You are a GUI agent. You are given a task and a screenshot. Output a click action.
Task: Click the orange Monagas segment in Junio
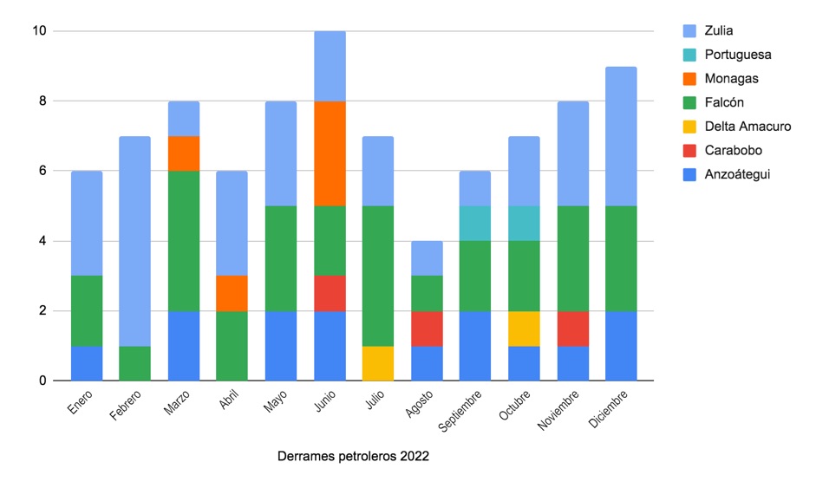330,153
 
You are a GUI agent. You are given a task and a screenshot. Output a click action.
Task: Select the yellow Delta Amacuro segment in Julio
378,363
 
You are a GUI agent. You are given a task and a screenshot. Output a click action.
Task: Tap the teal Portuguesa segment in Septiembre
474,223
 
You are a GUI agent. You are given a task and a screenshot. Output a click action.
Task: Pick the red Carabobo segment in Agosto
427,329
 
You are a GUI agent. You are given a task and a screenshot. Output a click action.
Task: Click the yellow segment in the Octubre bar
524,329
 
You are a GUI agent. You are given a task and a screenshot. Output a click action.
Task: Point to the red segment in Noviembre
572,329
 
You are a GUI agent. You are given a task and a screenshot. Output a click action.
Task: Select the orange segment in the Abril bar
232,294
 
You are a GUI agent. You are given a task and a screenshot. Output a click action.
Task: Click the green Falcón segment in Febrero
134,363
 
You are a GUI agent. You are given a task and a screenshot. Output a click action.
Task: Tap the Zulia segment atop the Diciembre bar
621,136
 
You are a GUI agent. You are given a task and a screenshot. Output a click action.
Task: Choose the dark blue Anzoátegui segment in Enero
87,363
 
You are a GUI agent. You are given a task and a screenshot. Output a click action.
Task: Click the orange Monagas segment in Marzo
184,153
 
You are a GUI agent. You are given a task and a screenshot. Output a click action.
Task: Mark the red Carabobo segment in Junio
330,294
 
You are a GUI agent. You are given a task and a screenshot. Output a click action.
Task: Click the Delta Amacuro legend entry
737,127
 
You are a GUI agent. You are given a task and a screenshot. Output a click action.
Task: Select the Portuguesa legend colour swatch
689,55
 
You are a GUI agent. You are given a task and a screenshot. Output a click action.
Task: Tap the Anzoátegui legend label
737,174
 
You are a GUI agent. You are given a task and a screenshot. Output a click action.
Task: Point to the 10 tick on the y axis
40,30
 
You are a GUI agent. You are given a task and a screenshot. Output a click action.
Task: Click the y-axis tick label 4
42,241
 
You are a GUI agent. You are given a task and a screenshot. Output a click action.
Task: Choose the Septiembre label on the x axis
460,411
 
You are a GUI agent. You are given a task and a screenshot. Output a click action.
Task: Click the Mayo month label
275,401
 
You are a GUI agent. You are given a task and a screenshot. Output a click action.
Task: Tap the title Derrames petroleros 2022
353,456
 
